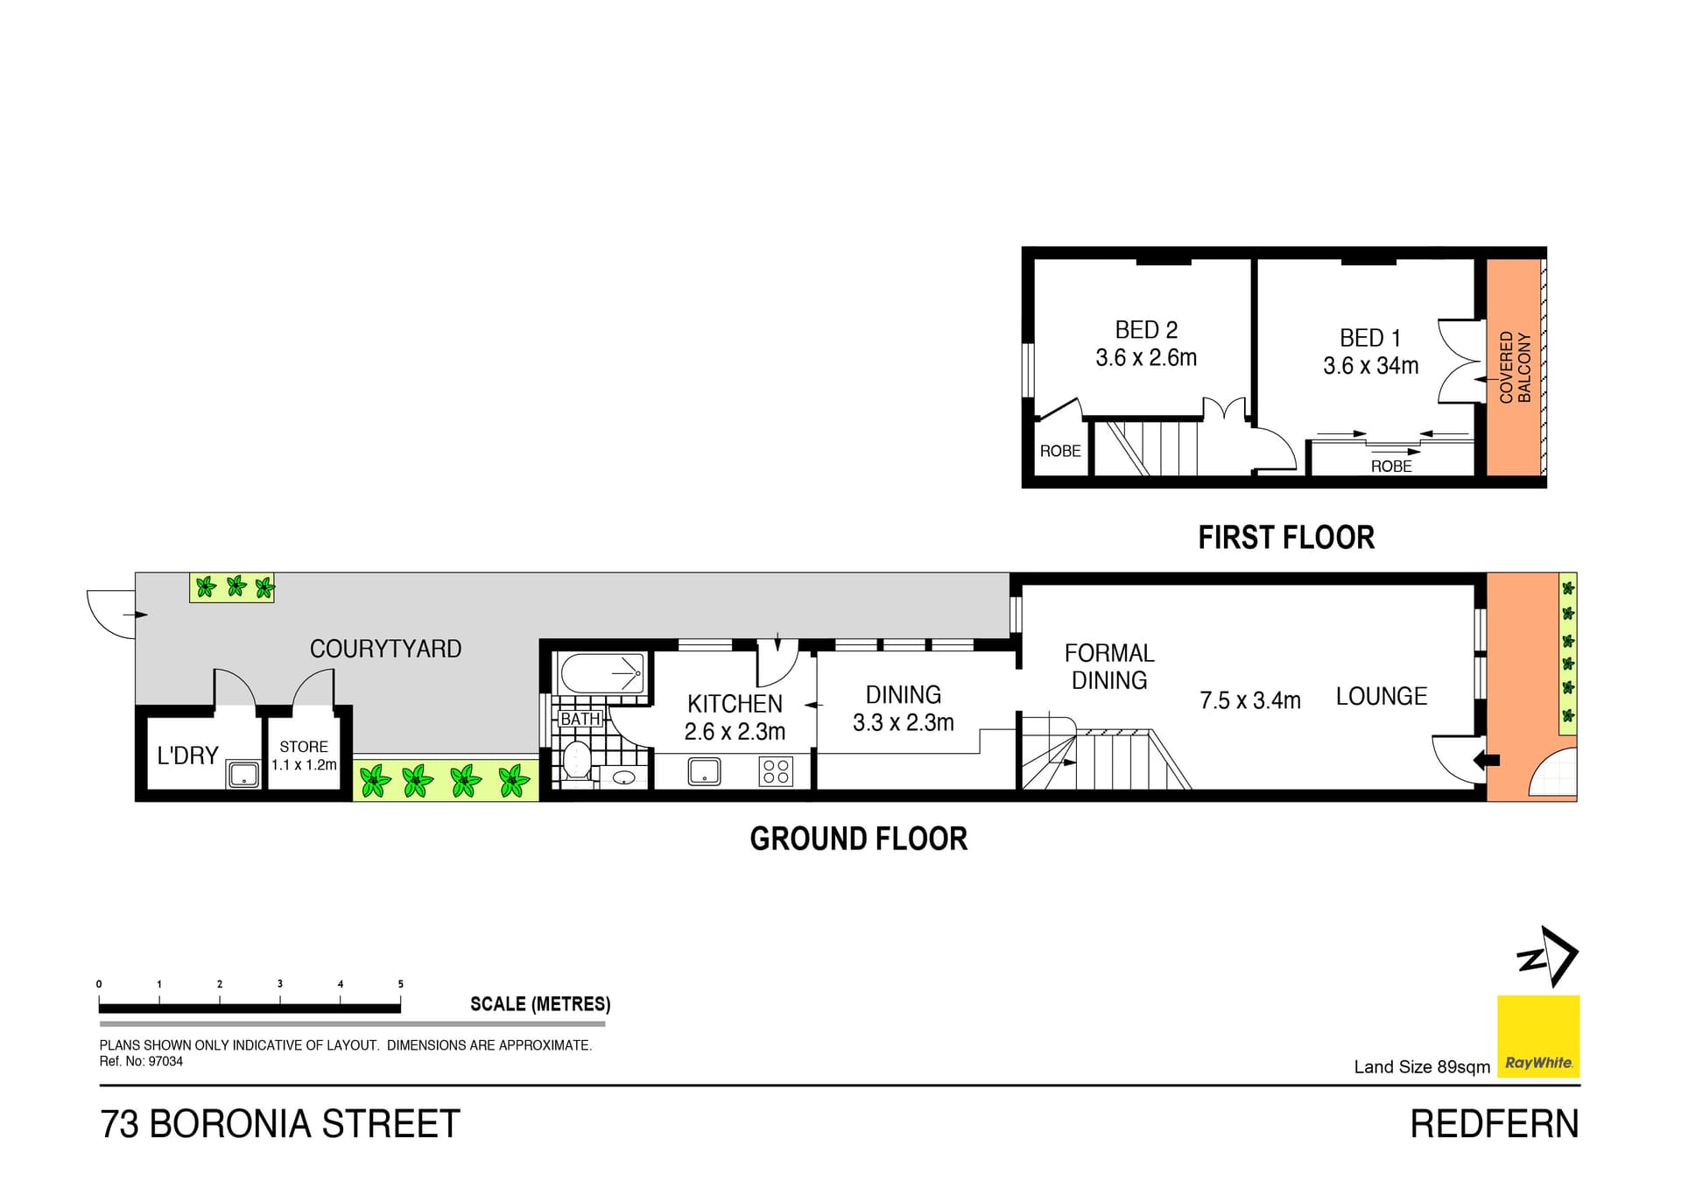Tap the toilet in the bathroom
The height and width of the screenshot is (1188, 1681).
pyautogui.click(x=576, y=760)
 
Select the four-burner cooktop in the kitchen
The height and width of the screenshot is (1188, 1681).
pyautogui.click(x=776, y=771)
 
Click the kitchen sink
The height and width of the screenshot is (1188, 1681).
pyautogui.click(x=704, y=771)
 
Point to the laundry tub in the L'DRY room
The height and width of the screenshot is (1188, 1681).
pyautogui.click(x=243, y=775)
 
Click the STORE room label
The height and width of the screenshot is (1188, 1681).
pyautogui.click(x=304, y=747)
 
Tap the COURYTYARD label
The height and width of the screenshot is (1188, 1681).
pyautogui.click(x=385, y=649)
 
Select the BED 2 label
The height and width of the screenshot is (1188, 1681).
pyautogui.click(x=1146, y=330)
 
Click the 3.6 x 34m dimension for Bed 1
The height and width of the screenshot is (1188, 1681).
pyautogui.click(x=1370, y=366)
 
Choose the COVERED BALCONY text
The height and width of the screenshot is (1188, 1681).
pyautogui.click(x=1515, y=367)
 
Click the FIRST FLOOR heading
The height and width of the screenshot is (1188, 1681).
pyautogui.click(x=1286, y=538)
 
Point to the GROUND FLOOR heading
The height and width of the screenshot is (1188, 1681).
pyautogui.click(x=859, y=839)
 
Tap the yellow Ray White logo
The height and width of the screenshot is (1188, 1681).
pyautogui.click(x=1538, y=1037)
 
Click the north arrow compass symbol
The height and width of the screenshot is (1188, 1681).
pyautogui.click(x=1547, y=957)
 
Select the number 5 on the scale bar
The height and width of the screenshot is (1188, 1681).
pyautogui.click(x=401, y=984)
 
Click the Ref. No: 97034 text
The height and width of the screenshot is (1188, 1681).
pyautogui.click(x=141, y=1061)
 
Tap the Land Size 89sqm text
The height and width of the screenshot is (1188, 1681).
pyautogui.click(x=1422, y=1066)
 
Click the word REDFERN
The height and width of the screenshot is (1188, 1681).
pyautogui.click(x=1495, y=1124)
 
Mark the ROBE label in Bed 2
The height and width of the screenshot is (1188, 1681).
pyautogui.click(x=1060, y=451)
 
